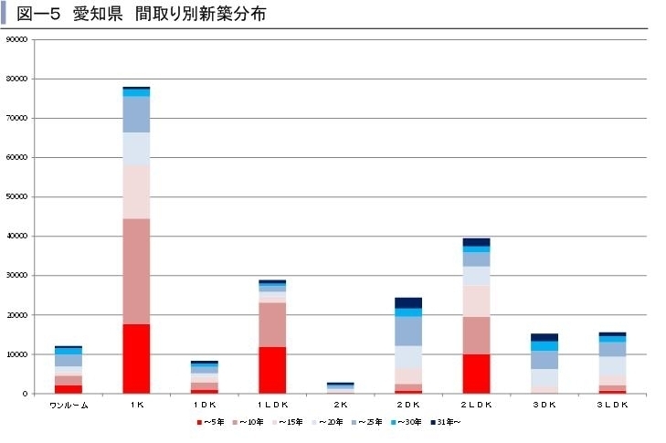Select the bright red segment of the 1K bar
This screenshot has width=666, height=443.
(x=136, y=358)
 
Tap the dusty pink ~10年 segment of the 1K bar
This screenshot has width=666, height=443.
(x=136, y=271)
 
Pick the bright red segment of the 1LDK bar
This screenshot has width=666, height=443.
(x=272, y=370)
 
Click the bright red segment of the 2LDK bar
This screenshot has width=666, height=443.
(x=476, y=374)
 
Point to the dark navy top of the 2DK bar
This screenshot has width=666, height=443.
(x=408, y=302)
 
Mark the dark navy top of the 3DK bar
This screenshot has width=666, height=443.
(x=544, y=337)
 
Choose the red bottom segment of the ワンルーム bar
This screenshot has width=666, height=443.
(x=69, y=389)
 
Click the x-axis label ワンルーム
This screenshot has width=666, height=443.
(x=69, y=406)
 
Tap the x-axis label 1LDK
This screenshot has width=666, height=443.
(x=272, y=406)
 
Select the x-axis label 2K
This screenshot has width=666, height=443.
(x=340, y=406)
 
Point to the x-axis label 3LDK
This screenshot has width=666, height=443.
(x=612, y=406)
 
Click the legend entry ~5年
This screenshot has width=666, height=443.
(x=212, y=422)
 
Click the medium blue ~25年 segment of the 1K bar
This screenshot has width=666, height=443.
(x=136, y=114)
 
